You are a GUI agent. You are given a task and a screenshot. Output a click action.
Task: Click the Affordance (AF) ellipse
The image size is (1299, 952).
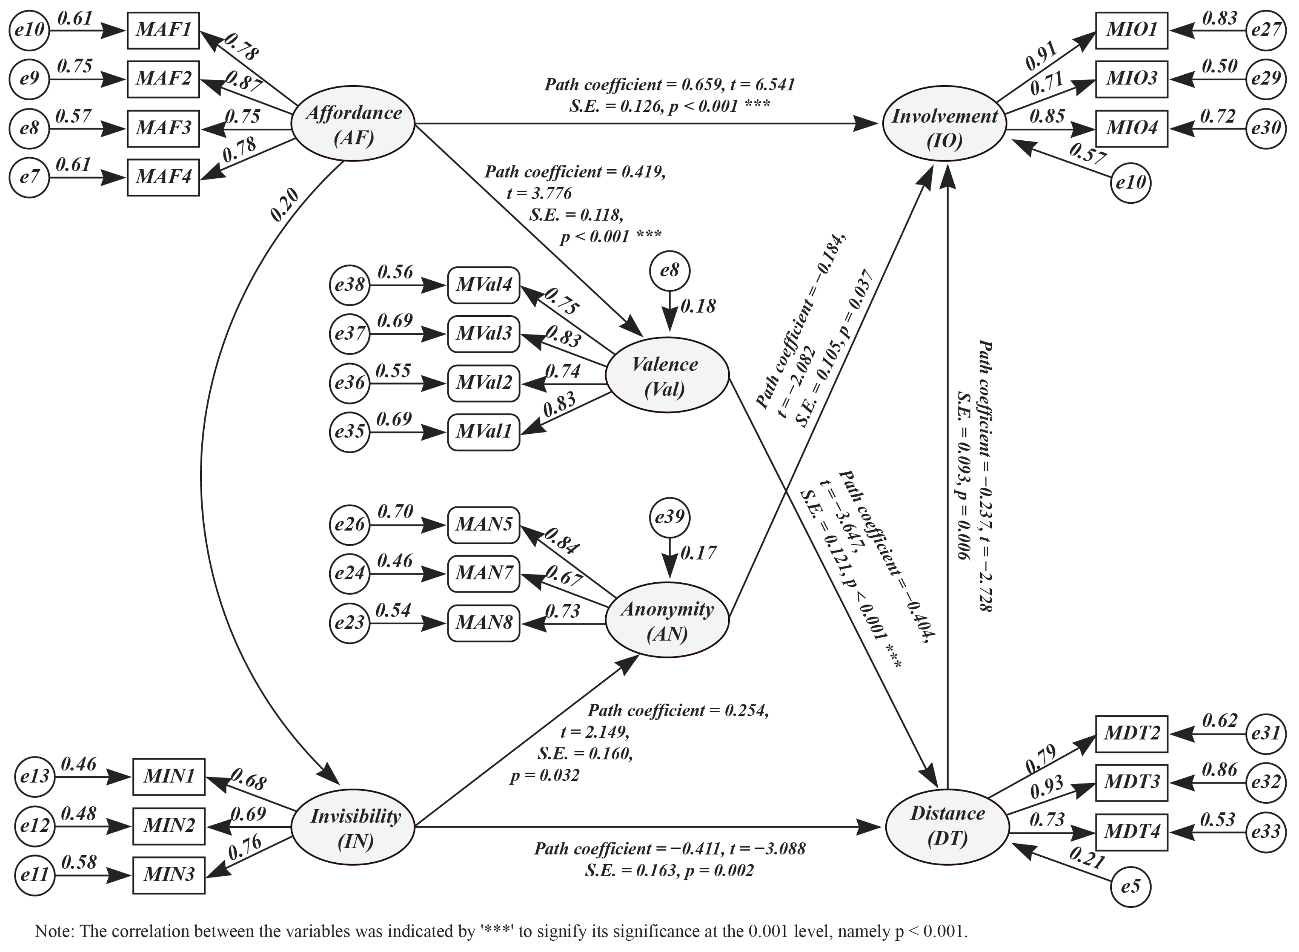pyautogui.click(x=353, y=125)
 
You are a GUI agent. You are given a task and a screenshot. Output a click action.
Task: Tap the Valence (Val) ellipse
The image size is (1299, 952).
pyautogui.click(x=666, y=376)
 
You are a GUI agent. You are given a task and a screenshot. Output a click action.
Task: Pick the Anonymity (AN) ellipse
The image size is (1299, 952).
pyautogui.click(x=667, y=621)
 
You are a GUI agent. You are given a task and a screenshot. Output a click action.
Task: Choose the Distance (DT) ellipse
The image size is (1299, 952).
pyautogui.click(x=947, y=826)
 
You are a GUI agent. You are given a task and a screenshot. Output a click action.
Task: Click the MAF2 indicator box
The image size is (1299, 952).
pyautogui.click(x=163, y=79)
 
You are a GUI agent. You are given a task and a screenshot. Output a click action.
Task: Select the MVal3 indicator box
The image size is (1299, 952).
pyautogui.click(x=484, y=334)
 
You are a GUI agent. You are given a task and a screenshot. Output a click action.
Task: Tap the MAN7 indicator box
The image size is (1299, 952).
pyautogui.click(x=484, y=573)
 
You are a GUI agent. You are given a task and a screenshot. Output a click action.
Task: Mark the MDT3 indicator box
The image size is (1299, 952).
pyautogui.click(x=1131, y=783)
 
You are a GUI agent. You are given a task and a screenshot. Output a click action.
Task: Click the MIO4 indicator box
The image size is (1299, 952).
pyautogui.click(x=1131, y=128)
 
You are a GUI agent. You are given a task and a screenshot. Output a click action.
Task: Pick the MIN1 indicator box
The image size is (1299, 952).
pyautogui.click(x=169, y=777)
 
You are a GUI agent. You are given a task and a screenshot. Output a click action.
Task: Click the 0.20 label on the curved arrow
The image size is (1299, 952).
pyautogui.click(x=285, y=206)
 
